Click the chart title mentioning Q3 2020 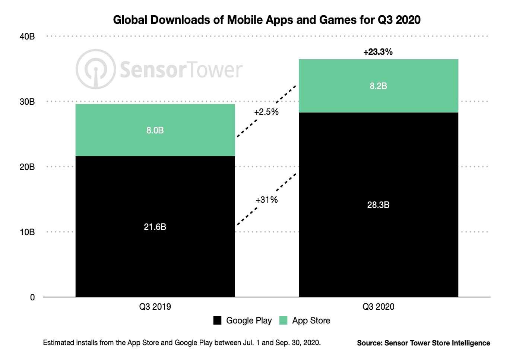(266, 20)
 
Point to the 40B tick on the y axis (27, 37)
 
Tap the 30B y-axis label (27, 102)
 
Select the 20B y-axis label (27, 167)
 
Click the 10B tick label (27, 232)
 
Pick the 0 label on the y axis (32, 297)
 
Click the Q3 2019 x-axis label (155, 307)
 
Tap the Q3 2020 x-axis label (378, 307)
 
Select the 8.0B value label (155, 130)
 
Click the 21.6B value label (155, 227)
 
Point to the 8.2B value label (378, 86)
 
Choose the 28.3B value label (378, 205)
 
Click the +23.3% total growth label (378, 52)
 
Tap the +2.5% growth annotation (266, 112)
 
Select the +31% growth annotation (266, 200)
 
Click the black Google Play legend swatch (217, 320)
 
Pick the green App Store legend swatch (283, 320)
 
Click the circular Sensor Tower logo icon (96, 69)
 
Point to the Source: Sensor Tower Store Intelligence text (423, 343)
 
